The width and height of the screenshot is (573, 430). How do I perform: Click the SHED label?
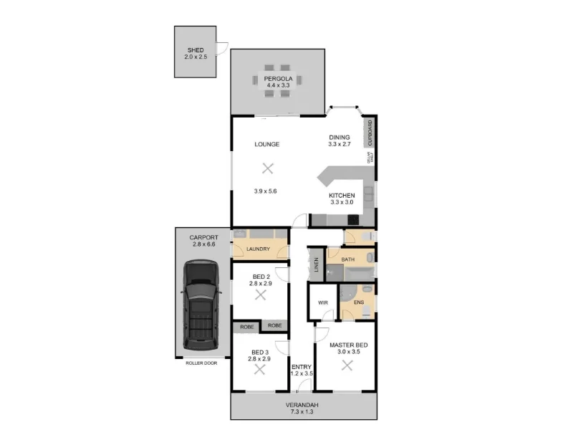pyautogui.click(x=196, y=50)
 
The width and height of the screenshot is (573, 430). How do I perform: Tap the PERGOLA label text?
pyautogui.click(x=277, y=78)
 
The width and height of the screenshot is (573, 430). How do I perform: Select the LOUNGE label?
pyautogui.click(x=266, y=144)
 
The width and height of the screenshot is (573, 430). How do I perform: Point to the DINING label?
pyautogui.click(x=339, y=137)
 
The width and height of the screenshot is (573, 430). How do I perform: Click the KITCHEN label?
pyautogui.click(x=341, y=196)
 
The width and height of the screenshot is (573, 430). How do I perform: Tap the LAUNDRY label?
pyautogui.click(x=257, y=249)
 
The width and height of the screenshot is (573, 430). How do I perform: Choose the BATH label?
pyautogui.click(x=348, y=259)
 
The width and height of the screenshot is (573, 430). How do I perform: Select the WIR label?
pyautogui.click(x=322, y=302)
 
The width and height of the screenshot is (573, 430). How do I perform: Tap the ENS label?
pyautogui.click(x=359, y=302)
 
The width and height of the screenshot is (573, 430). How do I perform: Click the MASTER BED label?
pyautogui.click(x=347, y=345)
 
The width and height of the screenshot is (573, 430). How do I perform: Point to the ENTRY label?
pyautogui.click(x=301, y=367)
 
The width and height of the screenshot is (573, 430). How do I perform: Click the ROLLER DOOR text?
pyautogui.click(x=201, y=363)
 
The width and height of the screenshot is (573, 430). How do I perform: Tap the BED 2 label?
pyautogui.click(x=261, y=277)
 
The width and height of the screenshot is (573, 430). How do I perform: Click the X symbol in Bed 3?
pyautogui.click(x=260, y=369)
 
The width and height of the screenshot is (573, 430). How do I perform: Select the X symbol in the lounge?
pyautogui.click(x=267, y=168)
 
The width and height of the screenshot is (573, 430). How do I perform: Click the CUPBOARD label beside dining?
pyautogui.click(x=370, y=133)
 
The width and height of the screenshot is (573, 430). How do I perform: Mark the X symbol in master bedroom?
pyautogui.click(x=347, y=365)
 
